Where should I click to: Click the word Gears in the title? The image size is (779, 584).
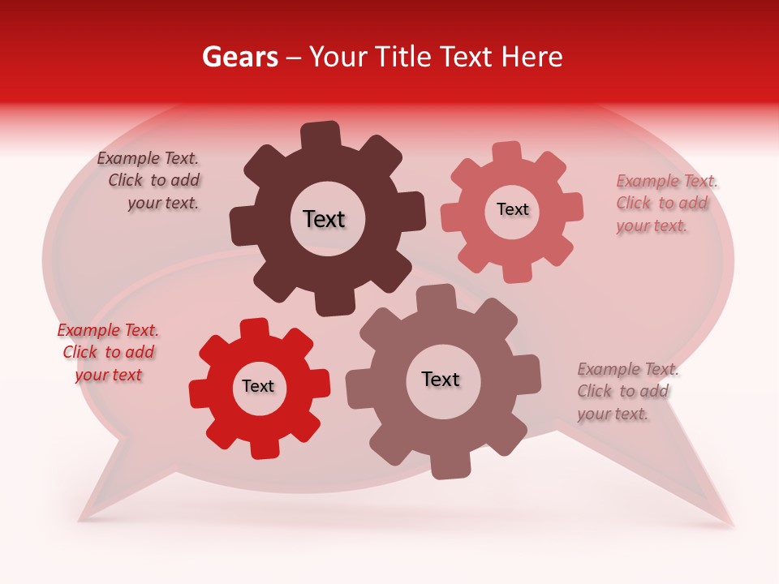239,57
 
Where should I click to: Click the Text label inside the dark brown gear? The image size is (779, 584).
324,219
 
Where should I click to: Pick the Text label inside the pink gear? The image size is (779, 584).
512,209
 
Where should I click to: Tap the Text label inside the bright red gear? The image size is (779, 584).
258,387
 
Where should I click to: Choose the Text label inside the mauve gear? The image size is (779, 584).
441,379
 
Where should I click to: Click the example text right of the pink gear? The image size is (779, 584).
666,203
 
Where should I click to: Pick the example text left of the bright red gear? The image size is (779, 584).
108,352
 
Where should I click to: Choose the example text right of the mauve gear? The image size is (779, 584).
627,391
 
